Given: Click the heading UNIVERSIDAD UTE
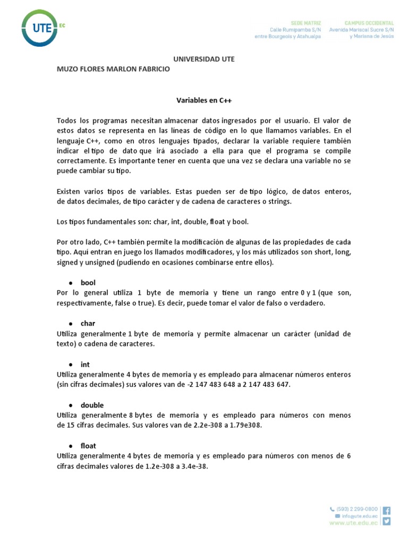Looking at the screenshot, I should click(x=204, y=59).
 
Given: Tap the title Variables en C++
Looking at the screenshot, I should click(x=204, y=99).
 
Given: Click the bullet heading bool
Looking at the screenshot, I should click(x=88, y=283).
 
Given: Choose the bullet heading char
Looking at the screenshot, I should click(x=88, y=323).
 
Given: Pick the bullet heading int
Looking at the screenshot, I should click(x=85, y=364).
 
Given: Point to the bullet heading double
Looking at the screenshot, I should click(x=92, y=405).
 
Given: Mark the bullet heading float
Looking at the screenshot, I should click(x=88, y=446).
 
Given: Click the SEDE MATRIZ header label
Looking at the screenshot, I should click(x=305, y=23).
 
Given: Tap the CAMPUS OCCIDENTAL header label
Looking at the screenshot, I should click(x=369, y=23).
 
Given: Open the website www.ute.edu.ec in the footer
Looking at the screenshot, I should click(x=354, y=523).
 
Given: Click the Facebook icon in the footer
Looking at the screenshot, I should click(x=386, y=511).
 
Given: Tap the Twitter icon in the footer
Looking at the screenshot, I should click(x=386, y=521).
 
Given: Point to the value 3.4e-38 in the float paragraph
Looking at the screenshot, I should click(x=194, y=466).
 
